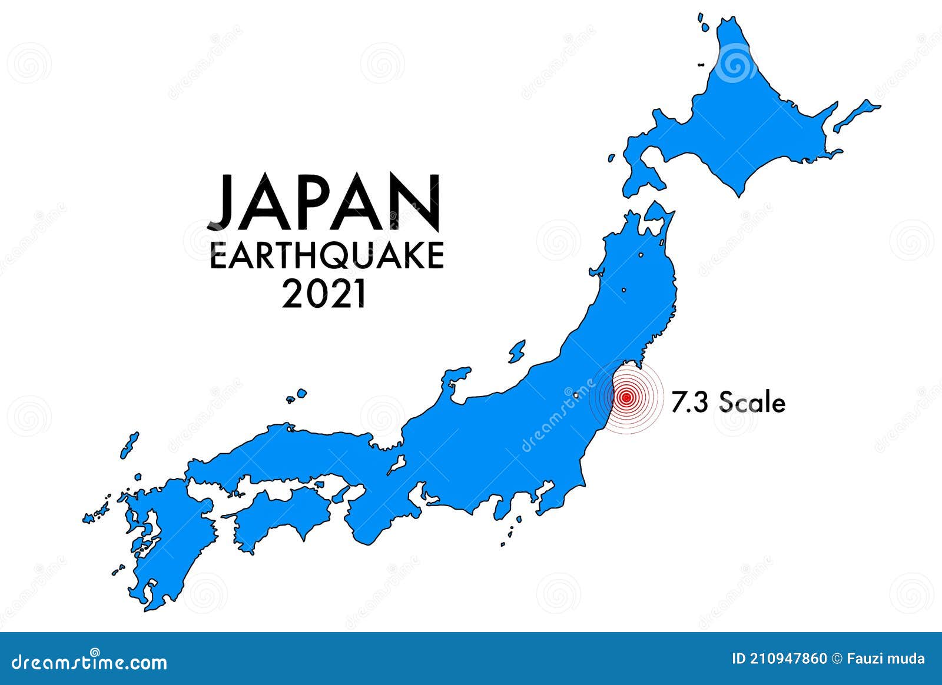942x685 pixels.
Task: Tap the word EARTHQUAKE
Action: pyautogui.click(x=327, y=257)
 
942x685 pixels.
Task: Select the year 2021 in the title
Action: pyautogui.click(x=324, y=294)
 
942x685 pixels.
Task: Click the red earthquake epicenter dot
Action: pyautogui.click(x=626, y=398)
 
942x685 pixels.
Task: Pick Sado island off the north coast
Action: pyautogui.click(x=517, y=352)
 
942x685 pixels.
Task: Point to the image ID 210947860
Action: pyautogui.click(x=779, y=659)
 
